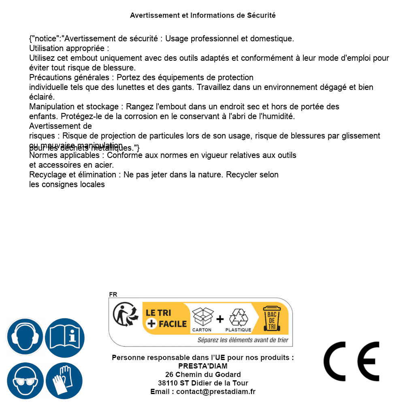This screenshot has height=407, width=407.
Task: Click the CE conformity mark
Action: tap(351, 362)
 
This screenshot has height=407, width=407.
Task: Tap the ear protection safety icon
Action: tap(25, 337)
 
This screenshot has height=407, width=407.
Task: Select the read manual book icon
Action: tap(65, 337)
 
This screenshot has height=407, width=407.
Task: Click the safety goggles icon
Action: tap(25, 381)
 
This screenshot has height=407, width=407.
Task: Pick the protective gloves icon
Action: tap(64, 381)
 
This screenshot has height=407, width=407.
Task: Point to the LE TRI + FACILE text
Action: tap(166, 318)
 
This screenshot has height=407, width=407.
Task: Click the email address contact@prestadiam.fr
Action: tap(216, 392)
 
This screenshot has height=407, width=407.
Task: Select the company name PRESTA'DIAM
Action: tap(203, 366)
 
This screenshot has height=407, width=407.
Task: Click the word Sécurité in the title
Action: tap(262, 15)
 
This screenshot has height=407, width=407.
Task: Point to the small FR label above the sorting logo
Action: tap(113, 294)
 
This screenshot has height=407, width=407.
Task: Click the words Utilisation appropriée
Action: tap(69, 49)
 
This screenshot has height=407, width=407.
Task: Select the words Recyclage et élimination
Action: tap(72, 175)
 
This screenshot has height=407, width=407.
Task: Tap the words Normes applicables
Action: tap(66, 156)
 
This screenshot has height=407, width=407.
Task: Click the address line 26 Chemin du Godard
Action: tap(203, 375)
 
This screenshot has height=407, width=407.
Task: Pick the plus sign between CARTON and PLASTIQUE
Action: tap(220, 319)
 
